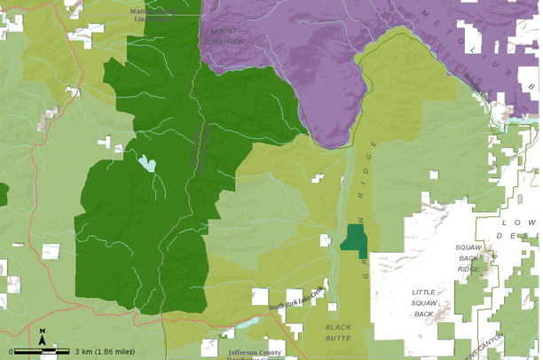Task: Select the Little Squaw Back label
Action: pyautogui.click(x=424, y=302)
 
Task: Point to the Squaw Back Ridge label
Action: pyautogui.click(x=468, y=257)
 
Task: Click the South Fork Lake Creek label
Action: pyautogui.click(x=297, y=298)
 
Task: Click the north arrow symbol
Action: pyautogui.click(x=42, y=336)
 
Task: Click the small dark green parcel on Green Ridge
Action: pyautogui.click(x=356, y=238)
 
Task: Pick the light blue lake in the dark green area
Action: pyautogui.click(x=146, y=164)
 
